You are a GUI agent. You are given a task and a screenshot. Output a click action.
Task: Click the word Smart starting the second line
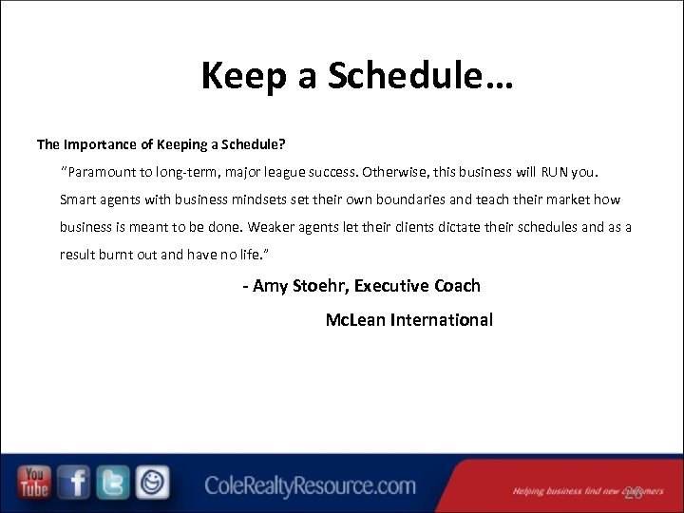tap(79, 200)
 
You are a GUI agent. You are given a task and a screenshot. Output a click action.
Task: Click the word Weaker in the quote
tap(278, 228)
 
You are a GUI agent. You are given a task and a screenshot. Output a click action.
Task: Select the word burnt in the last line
tap(124, 256)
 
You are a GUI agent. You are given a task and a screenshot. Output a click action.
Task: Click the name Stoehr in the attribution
tap(318, 286)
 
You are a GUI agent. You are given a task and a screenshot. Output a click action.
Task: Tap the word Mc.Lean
tap(355, 320)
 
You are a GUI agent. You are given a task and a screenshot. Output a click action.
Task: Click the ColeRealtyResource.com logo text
tap(311, 486)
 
